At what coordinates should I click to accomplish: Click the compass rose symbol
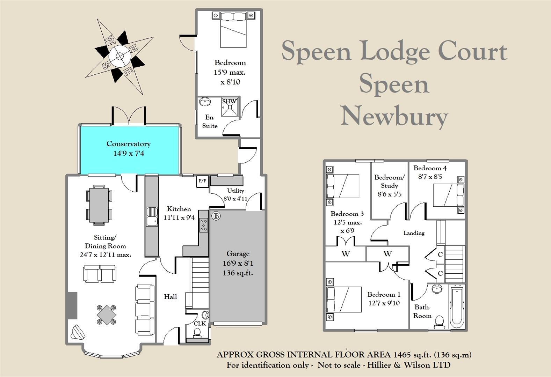(119, 56)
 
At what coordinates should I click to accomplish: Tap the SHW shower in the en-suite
(230, 107)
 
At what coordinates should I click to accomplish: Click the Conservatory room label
(129, 144)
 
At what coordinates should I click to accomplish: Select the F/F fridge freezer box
(203, 181)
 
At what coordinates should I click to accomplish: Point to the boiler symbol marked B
(216, 216)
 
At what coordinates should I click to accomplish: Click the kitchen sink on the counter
(152, 216)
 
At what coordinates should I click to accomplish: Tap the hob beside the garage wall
(203, 225)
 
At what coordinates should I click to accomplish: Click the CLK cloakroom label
(200, 324)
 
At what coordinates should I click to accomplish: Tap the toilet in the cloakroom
(197, 333)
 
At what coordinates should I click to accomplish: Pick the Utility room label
(235, 191)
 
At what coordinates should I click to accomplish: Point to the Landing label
(414, 233)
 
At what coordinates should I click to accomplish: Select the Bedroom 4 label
(430, 168)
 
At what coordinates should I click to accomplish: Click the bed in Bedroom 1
(344, 300)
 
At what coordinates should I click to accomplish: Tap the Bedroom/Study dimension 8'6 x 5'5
(389, 194)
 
